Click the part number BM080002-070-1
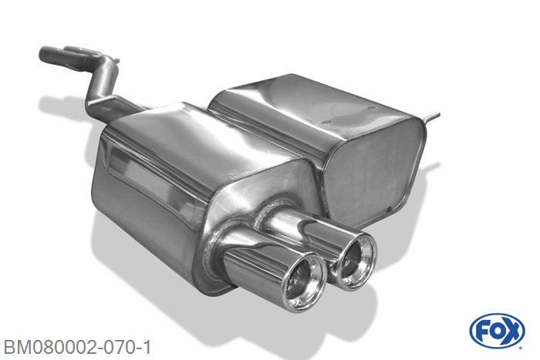coord(77,345)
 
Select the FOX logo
coord(497,331)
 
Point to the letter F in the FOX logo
coord(483,331)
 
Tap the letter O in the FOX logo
coord(497,331)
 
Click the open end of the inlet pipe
coord(43,54)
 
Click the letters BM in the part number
coord(15,345)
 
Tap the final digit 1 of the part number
coord(147,345)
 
